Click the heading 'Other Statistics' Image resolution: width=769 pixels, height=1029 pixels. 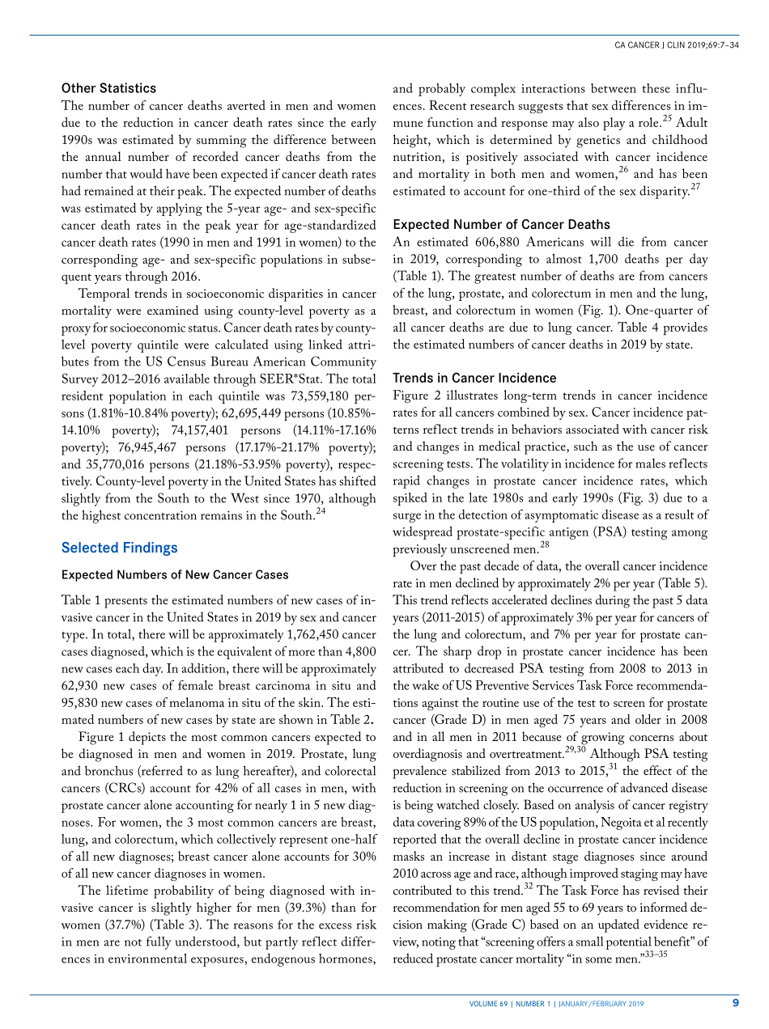point(108,88)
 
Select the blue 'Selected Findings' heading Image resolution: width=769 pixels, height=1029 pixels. point(119,548)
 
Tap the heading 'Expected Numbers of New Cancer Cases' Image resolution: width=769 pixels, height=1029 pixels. point(175,575)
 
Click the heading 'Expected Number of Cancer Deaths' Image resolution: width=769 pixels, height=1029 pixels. point(501,224)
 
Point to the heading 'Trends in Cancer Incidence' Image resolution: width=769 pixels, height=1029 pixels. point(474,378)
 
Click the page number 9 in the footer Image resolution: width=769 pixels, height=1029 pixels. point(735,1003)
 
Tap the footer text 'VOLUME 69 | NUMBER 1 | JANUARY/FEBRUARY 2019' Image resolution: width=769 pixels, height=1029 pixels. point(557,1004)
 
